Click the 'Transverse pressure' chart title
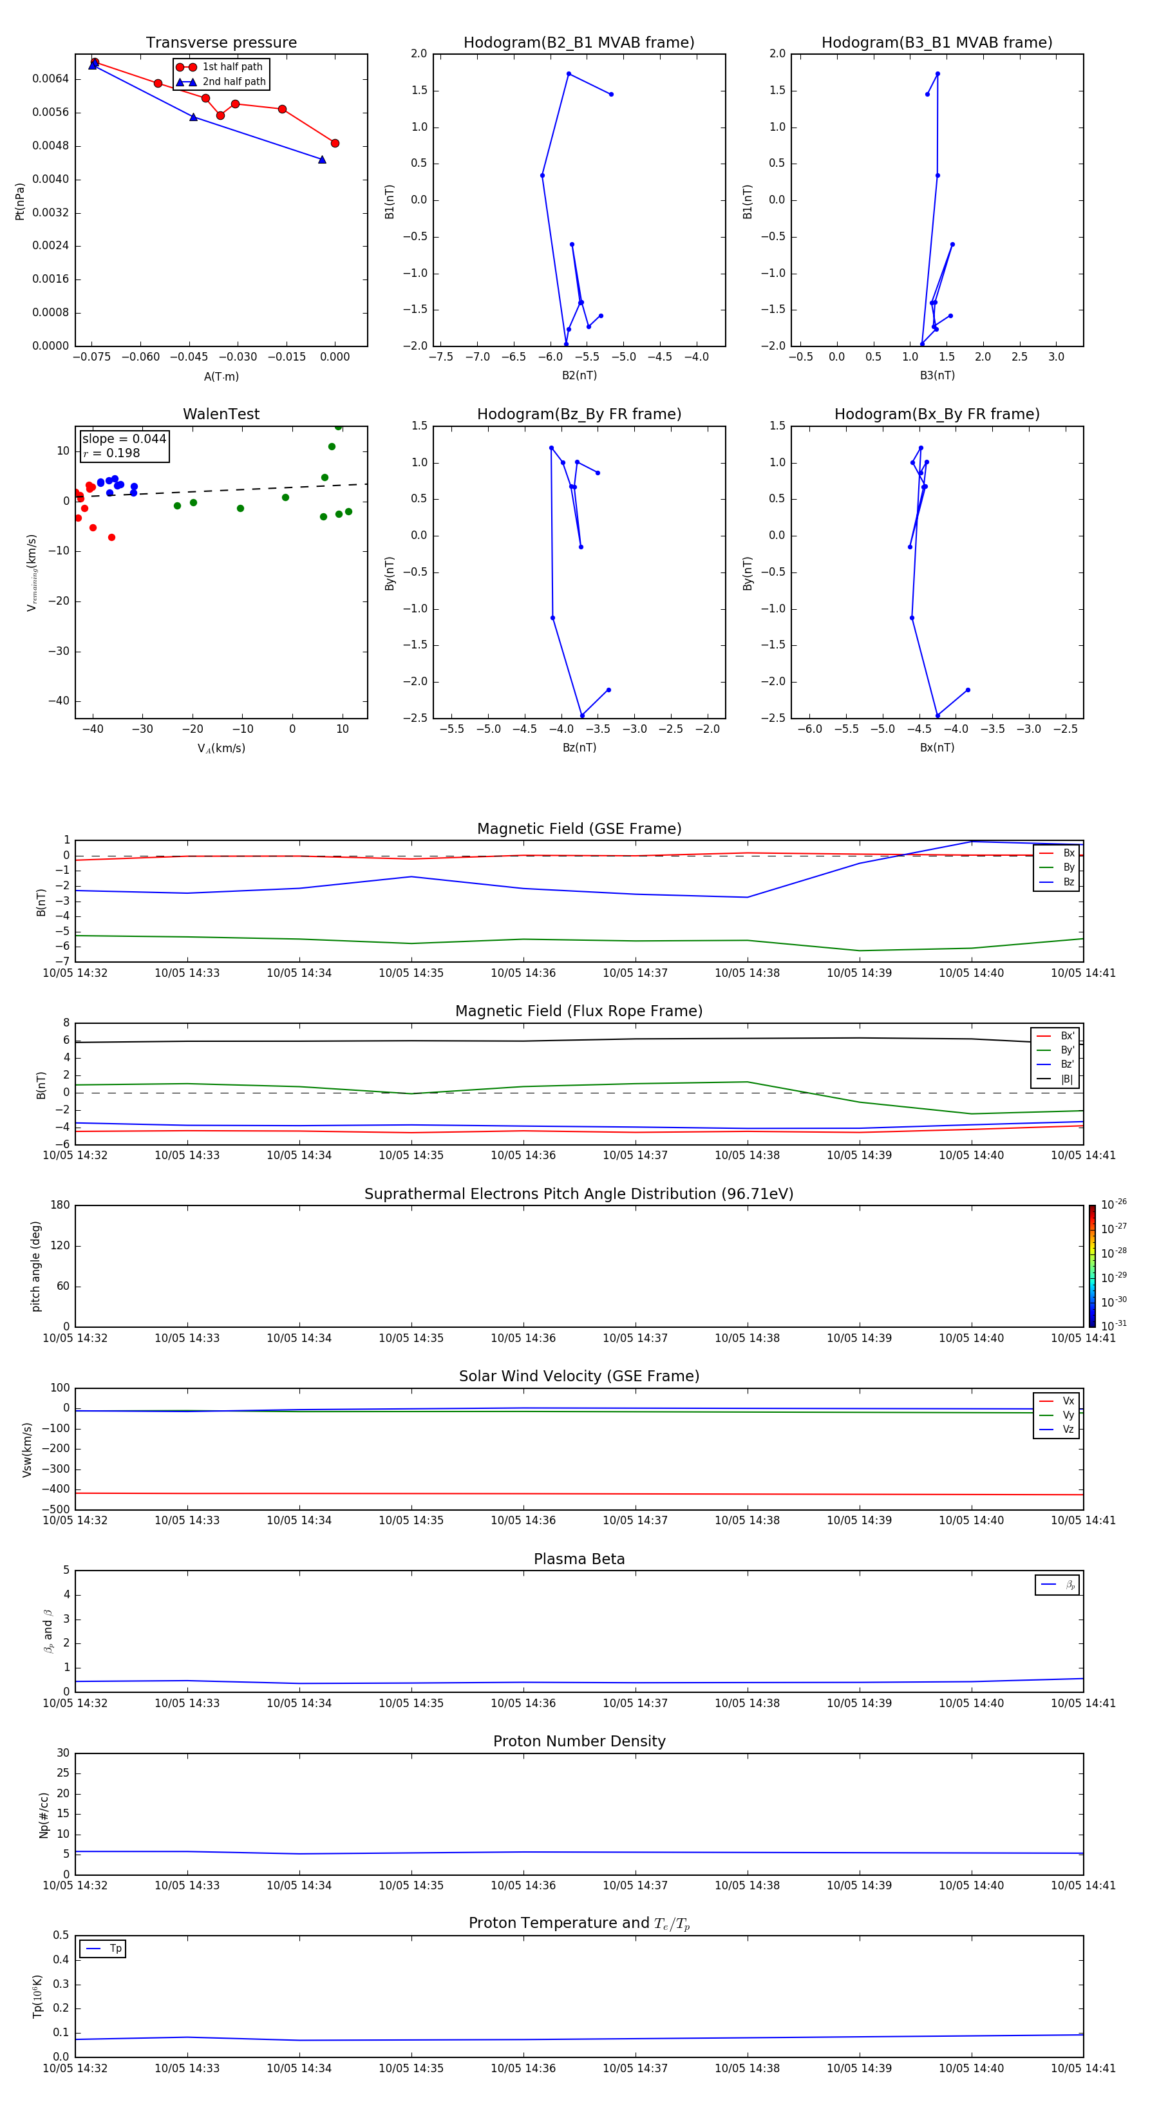tap(221, 43)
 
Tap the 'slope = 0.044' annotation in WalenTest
tap(124, 439)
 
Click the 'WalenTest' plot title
tap(221, 414)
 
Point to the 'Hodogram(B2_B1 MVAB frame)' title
tap(578, 43)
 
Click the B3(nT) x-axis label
tap(937, 375)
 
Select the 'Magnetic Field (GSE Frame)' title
tap(579, 829)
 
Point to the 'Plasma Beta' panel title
tap(579, 1559)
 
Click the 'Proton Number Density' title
tap(579, 1741)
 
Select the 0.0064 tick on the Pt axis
tap(50, 79)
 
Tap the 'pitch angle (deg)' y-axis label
tap(35, 1266)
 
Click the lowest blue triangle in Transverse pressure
tap(322, 159)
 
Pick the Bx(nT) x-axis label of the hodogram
tap(937, 748)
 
